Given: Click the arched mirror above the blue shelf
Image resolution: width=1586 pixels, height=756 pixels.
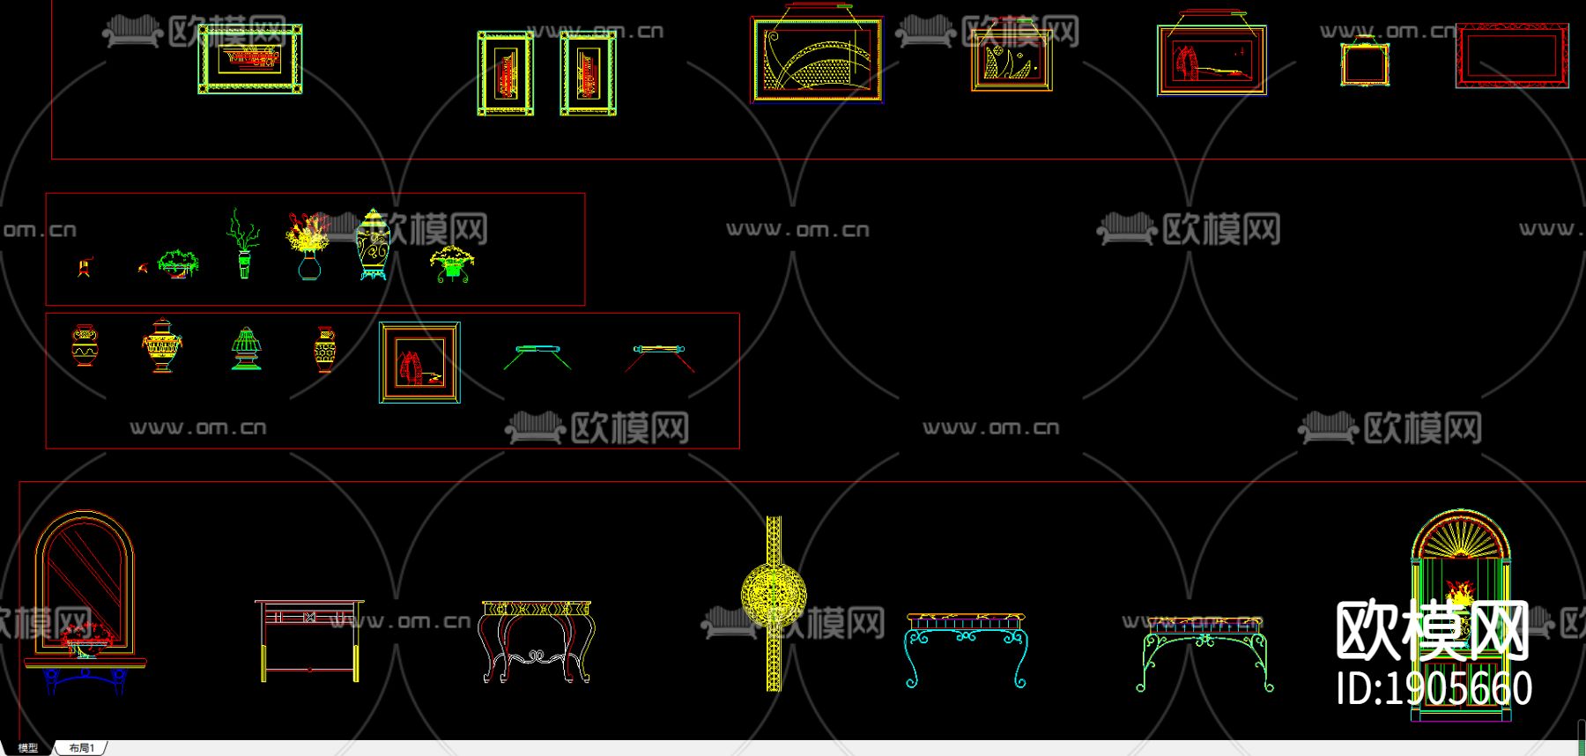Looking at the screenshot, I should [x=84, y=573].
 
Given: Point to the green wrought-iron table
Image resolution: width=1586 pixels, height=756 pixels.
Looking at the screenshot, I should [x=1204, y=652].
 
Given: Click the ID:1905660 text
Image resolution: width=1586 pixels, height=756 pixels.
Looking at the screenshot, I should [x=1434, y=688].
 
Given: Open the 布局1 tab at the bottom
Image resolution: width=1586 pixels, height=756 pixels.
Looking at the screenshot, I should [x=81, y=748].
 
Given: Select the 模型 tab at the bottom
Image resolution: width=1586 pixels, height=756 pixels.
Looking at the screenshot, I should [x=28, y=748].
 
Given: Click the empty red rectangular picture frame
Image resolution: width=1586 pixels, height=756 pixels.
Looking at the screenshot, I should [x=1511, y=55].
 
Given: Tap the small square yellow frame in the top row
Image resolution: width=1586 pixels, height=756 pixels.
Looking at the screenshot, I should [x=1364, y=63].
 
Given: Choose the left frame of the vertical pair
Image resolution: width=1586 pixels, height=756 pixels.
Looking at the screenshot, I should [x=505, y=73].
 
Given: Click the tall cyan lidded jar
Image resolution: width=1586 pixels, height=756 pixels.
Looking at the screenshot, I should [x=373, y=245].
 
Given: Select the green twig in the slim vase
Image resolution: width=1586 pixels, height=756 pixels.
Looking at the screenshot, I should [x=243, y=243].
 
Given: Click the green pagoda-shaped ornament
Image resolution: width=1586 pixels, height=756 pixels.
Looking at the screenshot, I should [x=246, y=348].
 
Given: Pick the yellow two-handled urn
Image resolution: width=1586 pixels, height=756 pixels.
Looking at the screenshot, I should [x=161, y=345].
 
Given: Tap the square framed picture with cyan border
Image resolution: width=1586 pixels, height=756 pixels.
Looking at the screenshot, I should [x=419, y=362].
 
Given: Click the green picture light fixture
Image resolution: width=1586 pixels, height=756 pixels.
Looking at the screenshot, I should [x=537, y=355].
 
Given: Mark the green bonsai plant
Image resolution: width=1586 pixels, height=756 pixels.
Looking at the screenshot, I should [x=178, y=263].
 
